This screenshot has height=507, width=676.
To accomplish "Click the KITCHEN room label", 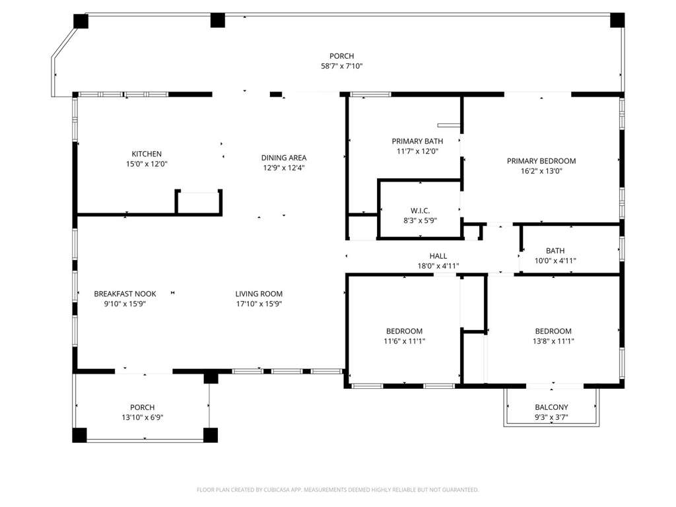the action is [x=147, y=154].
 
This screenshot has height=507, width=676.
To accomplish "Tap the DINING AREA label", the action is [x=284, y=158].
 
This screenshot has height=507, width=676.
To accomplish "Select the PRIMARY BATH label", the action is [x=417, y=141].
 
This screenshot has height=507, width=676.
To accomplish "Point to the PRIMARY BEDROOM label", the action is [x=541, y=161].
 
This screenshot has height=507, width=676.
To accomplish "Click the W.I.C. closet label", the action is [x=420, y=211].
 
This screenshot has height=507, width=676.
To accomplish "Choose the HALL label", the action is [x=438, y=256].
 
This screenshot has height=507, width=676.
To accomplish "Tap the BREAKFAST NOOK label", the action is [x=125, y=294].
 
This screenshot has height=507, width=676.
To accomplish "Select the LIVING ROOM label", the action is [x=259, y=294].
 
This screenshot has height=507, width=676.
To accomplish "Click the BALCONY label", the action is [x=551, y=407].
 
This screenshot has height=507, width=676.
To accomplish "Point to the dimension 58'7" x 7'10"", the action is [x=341, y=66].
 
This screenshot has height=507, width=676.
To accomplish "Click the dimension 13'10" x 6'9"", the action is [x=143, y=417].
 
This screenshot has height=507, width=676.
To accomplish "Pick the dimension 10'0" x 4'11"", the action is [x=555, y=260].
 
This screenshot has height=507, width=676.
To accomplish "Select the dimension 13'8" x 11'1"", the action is [x=553, y=341].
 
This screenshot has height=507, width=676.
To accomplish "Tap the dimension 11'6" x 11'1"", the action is [x=405, y=341].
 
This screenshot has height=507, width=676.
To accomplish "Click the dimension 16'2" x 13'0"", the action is [x=541, y=171].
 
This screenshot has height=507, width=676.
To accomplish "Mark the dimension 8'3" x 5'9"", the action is [x=420, y=220].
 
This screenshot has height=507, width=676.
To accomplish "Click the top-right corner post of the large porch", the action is [x=617, y=20].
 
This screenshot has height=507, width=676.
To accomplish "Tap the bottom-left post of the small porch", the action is [x=79, y=435].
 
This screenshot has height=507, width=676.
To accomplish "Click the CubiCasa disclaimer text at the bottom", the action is [x=337, y=490].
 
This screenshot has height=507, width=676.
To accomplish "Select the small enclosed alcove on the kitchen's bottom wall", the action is [x=199, y=203].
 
